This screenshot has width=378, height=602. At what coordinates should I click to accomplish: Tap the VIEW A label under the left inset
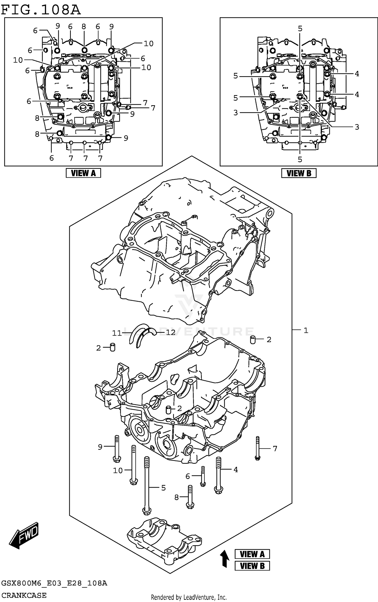click(x=83, y=173)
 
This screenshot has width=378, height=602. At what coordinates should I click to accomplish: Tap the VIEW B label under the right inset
click(x=299, y=173)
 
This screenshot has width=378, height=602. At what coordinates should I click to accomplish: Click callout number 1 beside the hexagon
click(x=306, y=330)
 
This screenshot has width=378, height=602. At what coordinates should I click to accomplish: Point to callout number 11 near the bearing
click(x=117, y=333)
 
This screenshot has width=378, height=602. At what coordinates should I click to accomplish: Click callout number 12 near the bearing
click(x=171, y=332)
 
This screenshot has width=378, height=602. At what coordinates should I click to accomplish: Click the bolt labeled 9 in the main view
click(x=117, y=449)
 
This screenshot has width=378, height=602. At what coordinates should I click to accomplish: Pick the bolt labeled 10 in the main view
click(x=134, y=464)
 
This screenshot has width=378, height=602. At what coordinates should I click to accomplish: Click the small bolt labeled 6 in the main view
click(x=203, y=476)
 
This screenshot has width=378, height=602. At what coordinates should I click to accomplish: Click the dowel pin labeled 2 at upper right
click(x=253, y=340)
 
